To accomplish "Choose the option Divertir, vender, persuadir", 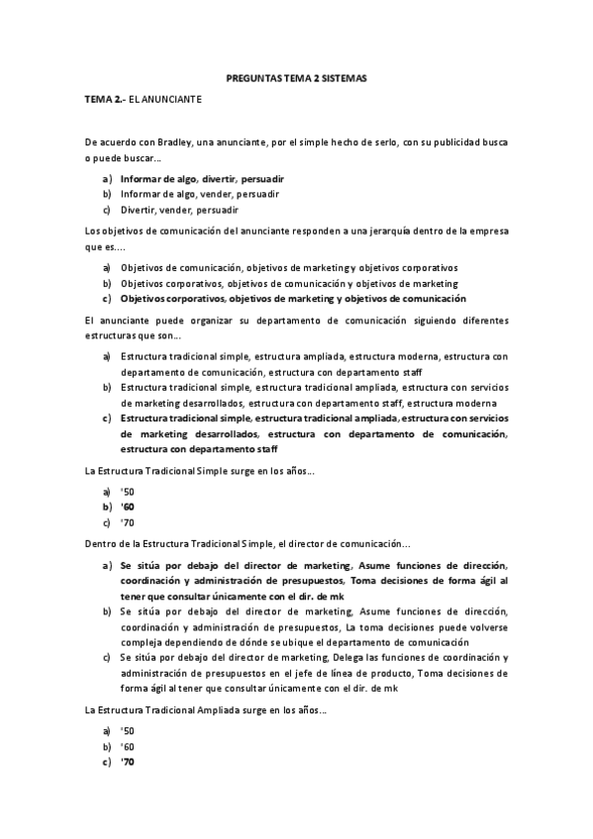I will click(179, 210).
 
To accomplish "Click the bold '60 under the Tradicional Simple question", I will click(128, 507).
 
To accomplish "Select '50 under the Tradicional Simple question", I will click(128, 492).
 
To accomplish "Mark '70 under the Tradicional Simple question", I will click(128, 522).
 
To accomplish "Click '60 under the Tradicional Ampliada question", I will click(128, 746).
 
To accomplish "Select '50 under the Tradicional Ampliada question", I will click(128, 731).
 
